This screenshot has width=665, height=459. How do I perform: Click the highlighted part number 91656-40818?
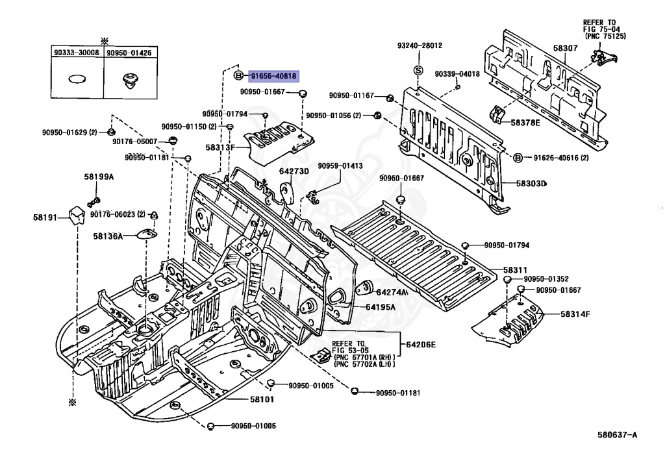(x=273, y=77)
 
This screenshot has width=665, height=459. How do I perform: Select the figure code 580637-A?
(x=617, y=434)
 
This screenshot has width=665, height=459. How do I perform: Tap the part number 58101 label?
(x=262, y=399)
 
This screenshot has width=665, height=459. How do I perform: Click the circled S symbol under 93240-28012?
(x=419, y=70)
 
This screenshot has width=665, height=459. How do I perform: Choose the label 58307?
(x=565, y=48)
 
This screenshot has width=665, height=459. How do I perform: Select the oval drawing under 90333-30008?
(x=77, y=79)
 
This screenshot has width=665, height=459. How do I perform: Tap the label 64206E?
(x=421, y=345)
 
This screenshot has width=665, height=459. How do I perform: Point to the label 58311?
(x=515, y=270)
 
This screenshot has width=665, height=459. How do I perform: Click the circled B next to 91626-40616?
(x=518, y=158)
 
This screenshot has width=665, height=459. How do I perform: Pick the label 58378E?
(x=525, y=123)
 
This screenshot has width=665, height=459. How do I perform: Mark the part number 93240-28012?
(x=420, y=45)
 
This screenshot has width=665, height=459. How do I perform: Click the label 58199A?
(x=99, y=177)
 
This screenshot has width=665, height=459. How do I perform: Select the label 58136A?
(x=108, y=236)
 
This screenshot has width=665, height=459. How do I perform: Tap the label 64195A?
(x=380, y=307)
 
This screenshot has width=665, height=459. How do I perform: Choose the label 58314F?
(x=575, y=314)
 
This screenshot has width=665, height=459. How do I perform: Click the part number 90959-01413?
(x=340, y=166)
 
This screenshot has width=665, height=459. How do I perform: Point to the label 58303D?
(x=531, y=184)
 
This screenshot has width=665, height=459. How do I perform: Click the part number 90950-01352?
(x=546, y=279)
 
